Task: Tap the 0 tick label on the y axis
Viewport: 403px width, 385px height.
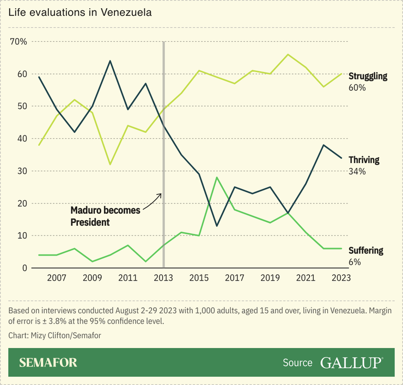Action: click(25, 268)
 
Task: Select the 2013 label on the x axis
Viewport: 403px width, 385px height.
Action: click(164, 278)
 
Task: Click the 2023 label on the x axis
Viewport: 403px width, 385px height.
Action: click(341, 278)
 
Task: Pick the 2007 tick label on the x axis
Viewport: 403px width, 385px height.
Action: click(57, 278)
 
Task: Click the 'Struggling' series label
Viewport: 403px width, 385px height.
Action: click(368, 76)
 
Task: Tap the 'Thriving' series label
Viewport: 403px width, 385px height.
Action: click(364, 160)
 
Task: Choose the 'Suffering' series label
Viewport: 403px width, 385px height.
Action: click(365, 251)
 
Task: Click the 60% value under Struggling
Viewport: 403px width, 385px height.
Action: click(357, 88)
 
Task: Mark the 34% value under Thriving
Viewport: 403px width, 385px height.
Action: click(357, 171)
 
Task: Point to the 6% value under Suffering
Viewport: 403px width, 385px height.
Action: click(355, 262)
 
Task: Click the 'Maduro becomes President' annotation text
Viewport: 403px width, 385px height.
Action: click(106, 215)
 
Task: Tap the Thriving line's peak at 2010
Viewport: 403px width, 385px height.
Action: click(111, 61)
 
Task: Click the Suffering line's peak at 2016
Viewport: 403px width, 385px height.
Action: click(217, 177)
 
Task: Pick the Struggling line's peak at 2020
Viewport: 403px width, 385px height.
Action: click(288, 54)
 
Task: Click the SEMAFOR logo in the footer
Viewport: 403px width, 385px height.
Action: click(48, 363)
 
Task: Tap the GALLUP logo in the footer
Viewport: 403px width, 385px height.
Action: click(351, 363)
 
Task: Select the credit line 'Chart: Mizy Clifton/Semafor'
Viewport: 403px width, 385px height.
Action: click(55, 336)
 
